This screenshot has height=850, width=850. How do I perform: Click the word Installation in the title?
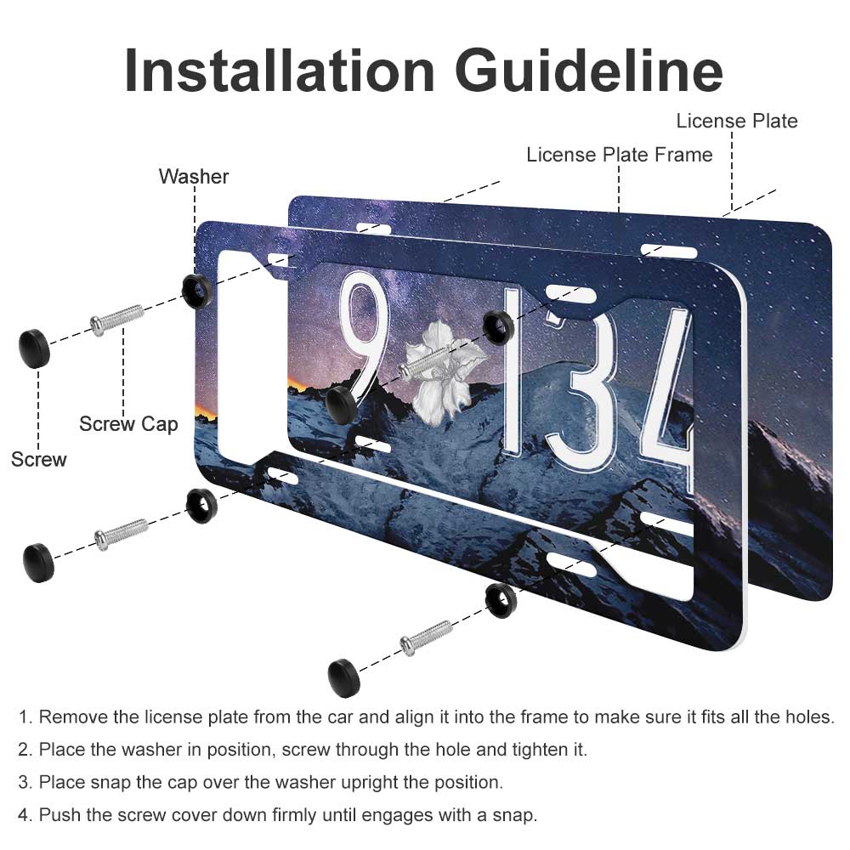tap(279, 71)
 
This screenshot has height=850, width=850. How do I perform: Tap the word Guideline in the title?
tap(589, 71)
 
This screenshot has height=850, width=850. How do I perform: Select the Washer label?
tap(194, 177)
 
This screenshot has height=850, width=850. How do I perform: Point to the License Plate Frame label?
tap(619, 155)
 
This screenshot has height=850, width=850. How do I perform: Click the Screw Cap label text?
tap(128, 424)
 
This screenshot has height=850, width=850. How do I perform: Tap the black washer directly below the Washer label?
tap(196, 291)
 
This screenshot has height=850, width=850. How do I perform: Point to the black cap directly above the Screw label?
tap(35, 348)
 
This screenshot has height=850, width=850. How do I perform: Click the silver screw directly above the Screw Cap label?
tap(117, 320)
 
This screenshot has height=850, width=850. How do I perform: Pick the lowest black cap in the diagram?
tap(343, 677)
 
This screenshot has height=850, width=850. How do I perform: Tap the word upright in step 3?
tap(365, 783)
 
